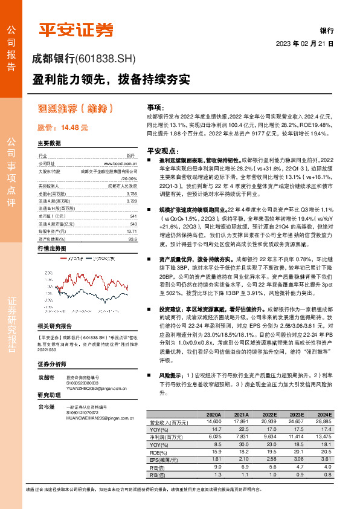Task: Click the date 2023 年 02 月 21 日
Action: [x=304, y=44]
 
